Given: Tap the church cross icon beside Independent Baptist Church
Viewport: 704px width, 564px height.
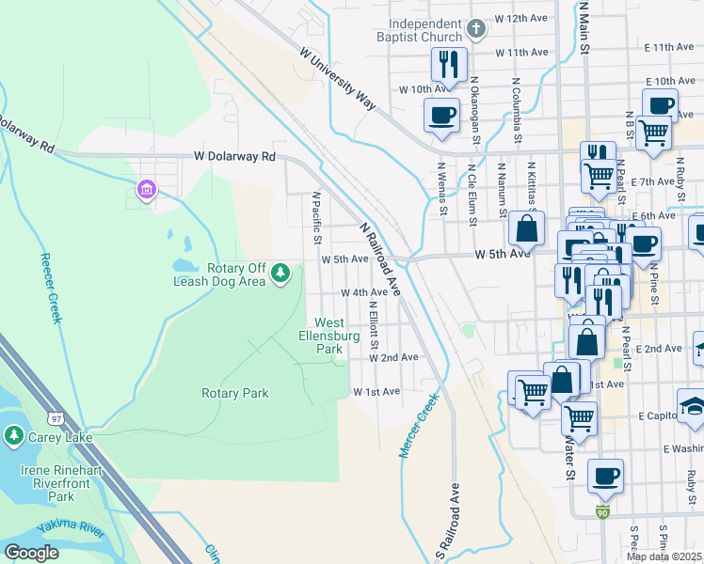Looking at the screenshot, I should [477, 27].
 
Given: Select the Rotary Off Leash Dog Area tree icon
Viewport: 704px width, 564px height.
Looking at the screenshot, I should [280, 273].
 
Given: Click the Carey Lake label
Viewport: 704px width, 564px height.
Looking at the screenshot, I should [49, 435].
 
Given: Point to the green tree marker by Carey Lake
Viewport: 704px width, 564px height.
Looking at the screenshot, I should [13, 435].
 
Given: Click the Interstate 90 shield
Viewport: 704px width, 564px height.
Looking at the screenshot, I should [602, 511].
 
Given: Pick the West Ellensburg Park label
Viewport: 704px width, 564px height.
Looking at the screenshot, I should [328, 336].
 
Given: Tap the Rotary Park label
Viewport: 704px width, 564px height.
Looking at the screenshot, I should [235, 393].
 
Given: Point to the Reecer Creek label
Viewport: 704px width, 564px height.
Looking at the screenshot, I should [51, 288].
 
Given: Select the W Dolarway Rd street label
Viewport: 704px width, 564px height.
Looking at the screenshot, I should [234, 156].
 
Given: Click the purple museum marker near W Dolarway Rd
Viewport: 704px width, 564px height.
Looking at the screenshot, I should [146, 191].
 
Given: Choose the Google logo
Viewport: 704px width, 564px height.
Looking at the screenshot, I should [32, 552].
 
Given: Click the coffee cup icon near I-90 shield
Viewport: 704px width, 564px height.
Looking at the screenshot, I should [605, 476].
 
